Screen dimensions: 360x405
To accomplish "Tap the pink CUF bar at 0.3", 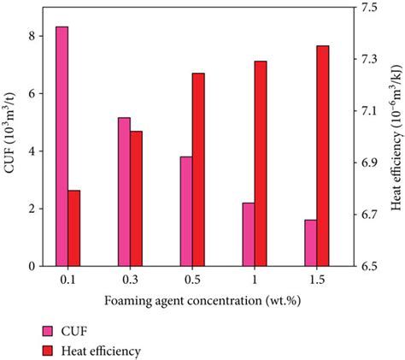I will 124,192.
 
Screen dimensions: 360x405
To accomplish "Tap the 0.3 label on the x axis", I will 130,280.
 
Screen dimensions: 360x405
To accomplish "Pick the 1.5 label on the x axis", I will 317,280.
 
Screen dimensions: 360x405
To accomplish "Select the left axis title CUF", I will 10,141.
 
